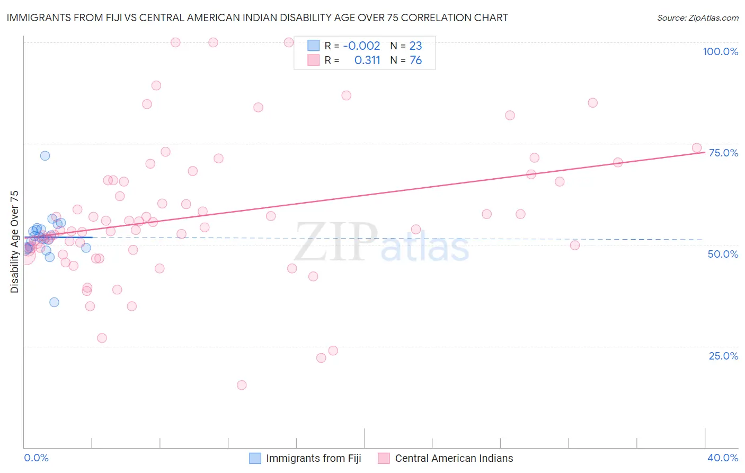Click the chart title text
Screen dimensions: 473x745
[x=257, y=18]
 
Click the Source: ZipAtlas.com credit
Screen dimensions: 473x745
[x=697, y=18]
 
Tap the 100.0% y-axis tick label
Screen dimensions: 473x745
[x=720, y=51]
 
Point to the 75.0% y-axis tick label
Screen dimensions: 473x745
[x=723, y=153]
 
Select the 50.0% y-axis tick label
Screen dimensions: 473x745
[x=723, y=254]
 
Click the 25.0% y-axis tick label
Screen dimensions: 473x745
[x=723, y=356]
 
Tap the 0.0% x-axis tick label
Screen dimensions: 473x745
[x=36, y=458]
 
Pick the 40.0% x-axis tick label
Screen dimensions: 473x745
[x=723, y=458]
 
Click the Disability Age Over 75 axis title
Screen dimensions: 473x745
[x=15, y=242]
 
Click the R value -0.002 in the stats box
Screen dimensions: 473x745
[x=361, y=46]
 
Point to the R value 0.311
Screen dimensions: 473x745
[x=367, y=60]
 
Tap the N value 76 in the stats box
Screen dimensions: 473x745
[x=416, y=60]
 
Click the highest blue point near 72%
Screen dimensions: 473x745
[x=45, y=155]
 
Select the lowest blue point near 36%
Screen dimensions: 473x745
[x=54, y=302]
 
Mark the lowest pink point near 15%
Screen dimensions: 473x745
[x=242, y=385]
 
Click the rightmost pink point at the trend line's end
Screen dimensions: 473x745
[x=697, y=148]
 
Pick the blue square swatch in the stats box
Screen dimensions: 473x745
[x=314, y=46]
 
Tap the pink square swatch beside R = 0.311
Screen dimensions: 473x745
[x=314, y=60]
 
